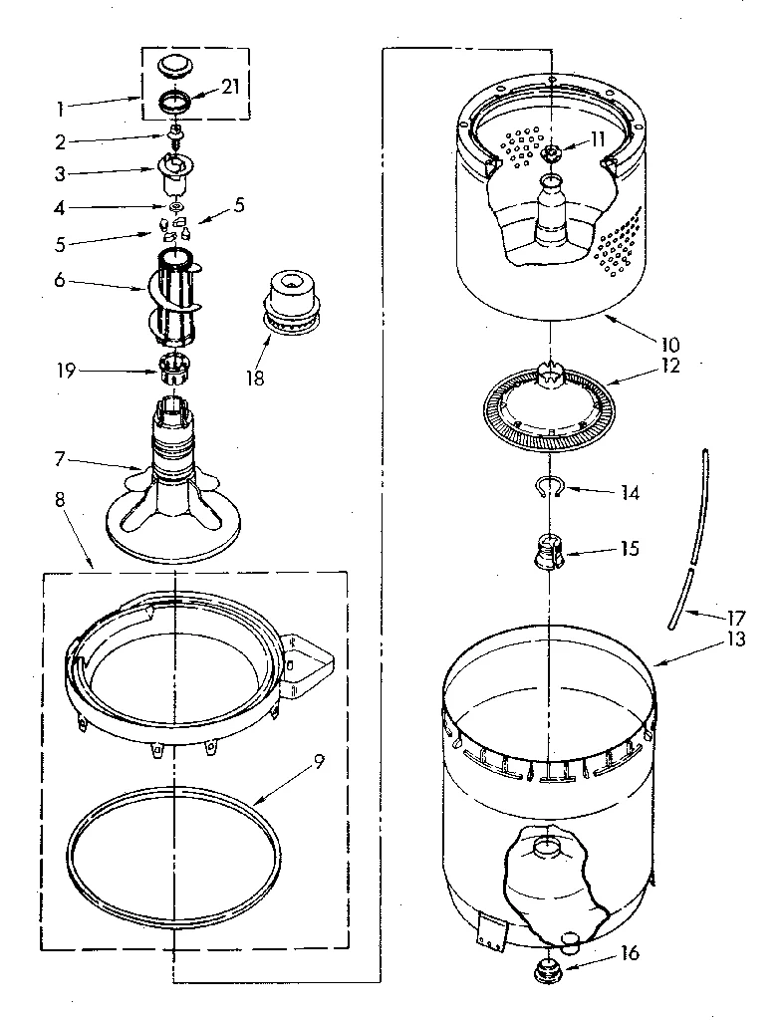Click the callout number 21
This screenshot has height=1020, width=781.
(x=230, y=87)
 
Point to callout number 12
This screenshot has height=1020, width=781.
(x=668, y=365)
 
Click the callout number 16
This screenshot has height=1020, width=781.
(x=628, y=953)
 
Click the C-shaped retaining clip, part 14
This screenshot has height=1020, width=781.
(x=547, y=486)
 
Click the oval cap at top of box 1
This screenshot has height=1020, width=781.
(x=177, y=66)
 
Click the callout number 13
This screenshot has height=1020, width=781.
(x=736, y=639)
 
